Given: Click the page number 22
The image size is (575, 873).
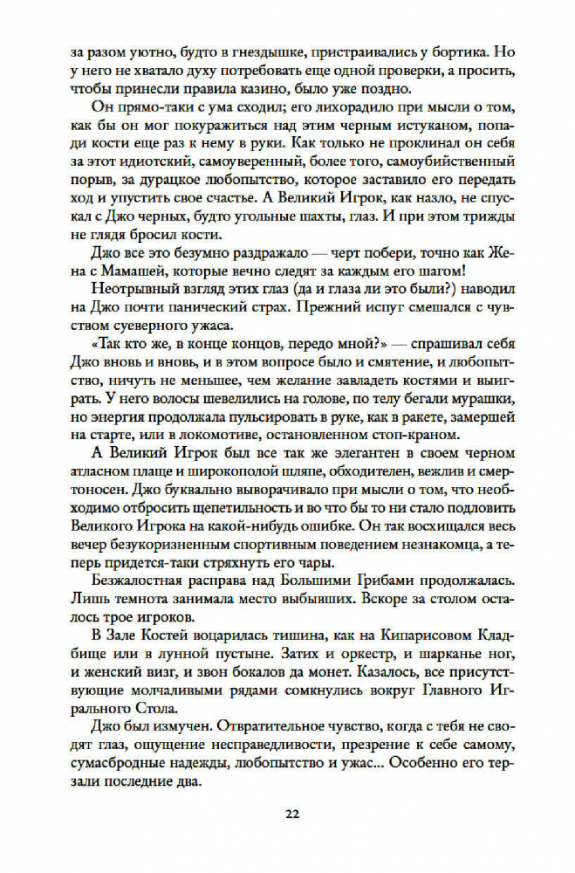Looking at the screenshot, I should [x=291, y=815].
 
